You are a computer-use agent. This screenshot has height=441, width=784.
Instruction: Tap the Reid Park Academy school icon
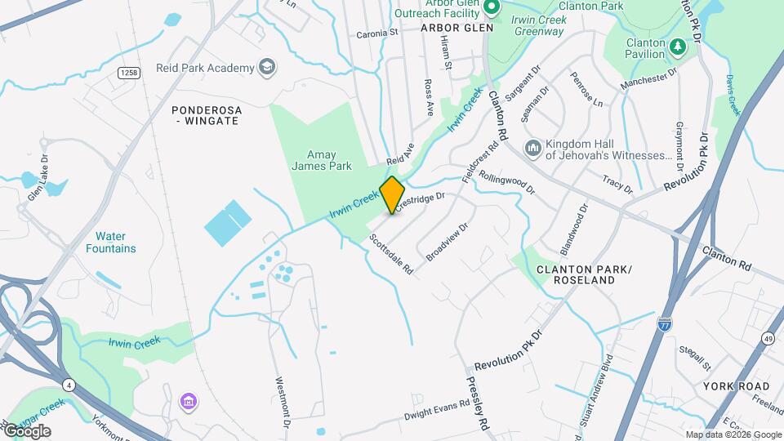(266, 67)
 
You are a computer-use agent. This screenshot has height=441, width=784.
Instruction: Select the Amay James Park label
(322, 160)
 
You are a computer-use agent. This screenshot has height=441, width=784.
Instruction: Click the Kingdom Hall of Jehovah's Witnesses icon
(532, 148)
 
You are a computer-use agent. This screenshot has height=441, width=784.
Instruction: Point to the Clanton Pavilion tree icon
(676, 49)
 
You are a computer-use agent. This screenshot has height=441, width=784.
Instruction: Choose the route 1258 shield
(127, 73)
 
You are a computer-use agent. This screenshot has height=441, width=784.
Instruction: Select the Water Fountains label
(110, 243)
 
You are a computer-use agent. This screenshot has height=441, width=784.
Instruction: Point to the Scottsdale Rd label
(390, 253)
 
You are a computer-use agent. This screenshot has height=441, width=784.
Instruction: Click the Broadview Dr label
(447, 242)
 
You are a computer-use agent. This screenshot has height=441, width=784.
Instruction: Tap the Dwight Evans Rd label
(436, 410)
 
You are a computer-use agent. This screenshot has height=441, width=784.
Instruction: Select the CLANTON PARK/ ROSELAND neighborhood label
(583, 274)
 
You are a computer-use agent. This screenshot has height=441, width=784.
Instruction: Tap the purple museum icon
(189, 403)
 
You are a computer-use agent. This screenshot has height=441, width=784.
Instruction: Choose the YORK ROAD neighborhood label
(736, 385)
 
